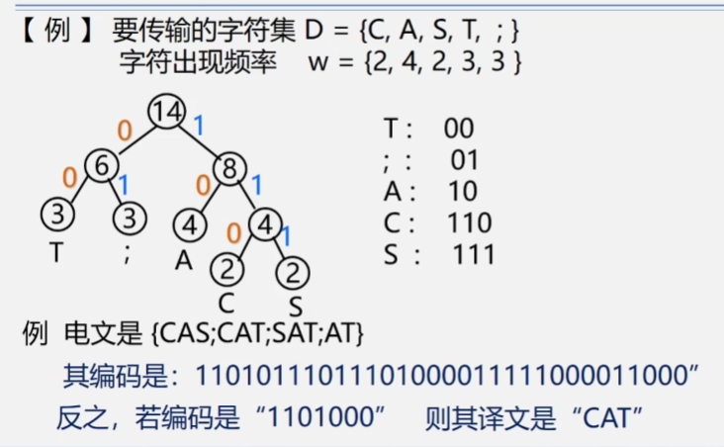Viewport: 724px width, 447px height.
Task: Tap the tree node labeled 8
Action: coord(228,169)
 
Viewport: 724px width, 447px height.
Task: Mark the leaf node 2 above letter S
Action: coord(293,270)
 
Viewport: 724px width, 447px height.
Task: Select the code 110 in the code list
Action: coord(471,223)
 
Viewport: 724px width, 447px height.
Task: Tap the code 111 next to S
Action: coord(474,254)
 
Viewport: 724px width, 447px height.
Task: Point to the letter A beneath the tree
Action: coord(183,259)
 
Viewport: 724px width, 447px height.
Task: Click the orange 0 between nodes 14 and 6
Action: coord(125,130)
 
